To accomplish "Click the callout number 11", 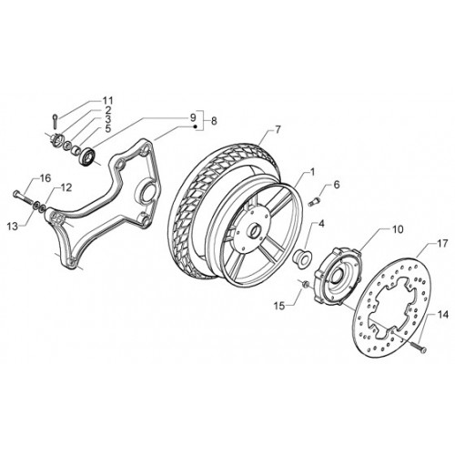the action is [107, 101].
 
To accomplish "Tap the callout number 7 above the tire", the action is [278, 129].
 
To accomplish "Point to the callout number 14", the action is [442, 315].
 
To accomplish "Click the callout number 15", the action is [279, 306].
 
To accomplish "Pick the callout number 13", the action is [14, 226].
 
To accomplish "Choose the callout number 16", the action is [45, 178].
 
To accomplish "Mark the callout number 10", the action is [398, 229].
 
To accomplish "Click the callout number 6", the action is [337, 185].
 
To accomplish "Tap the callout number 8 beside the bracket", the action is [214, 121].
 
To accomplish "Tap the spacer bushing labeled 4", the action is [300, 258].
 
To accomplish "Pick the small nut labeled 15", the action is [306, 284].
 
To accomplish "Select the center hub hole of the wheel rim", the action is [256, 230].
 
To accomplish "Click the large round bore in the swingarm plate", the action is [149, 193].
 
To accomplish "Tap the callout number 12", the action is [66, 187].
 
